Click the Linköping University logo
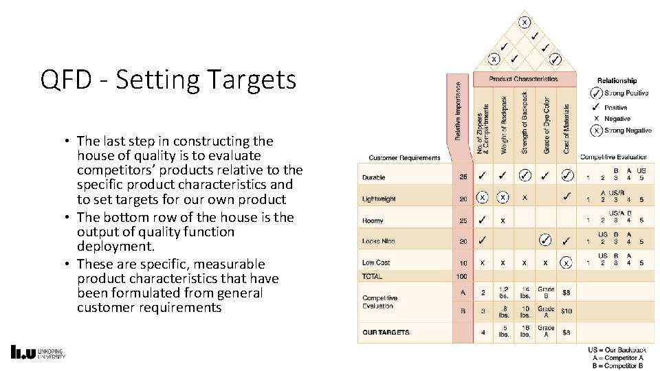tap(38, 352)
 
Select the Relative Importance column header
tap(459, 112)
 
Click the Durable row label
tap(374, 177)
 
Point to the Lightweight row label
tap(379, 199)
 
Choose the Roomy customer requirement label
tap(373, 221)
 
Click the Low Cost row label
tap(376, 262)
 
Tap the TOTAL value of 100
tap(462, 276)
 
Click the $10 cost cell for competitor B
tap(566, 311)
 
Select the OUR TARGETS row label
tap(386, 333)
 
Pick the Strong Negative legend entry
tap(620, 131)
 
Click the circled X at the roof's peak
tap(525, 23)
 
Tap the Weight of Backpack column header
tap(504, 124)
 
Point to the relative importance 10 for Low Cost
tap(463, 263)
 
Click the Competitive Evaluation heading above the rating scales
tap(613, 157)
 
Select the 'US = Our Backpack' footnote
tap(617, 350)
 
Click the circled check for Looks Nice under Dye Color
tap(545, 240)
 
